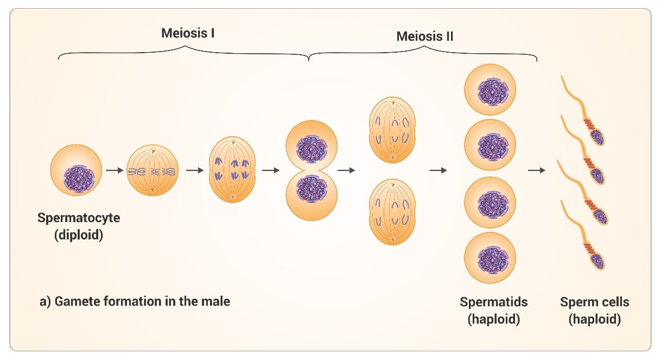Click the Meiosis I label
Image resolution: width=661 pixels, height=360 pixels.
tap(188, 33)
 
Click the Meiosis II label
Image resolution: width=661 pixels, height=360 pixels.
tap(424, 36)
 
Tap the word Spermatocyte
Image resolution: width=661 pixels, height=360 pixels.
tap(79, 218)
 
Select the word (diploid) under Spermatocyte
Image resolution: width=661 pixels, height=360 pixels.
tap(79, 235)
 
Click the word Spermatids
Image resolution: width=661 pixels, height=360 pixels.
tap(494, 302)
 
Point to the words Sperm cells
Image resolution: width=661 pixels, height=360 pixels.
tap(595, 302)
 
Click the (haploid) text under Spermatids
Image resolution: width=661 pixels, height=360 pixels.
tap(494, 319)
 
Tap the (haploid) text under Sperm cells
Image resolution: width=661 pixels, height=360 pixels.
tap(595, 319)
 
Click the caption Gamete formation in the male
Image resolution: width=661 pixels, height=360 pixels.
tap(142, 301)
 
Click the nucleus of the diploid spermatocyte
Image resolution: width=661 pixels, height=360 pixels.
tap(79, 179)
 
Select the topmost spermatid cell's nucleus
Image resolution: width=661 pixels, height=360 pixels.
tap(493, 92)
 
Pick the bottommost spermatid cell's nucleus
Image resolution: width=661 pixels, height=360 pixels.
tap(493, 260)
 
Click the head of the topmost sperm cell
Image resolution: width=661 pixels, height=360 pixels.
tap(598, 137)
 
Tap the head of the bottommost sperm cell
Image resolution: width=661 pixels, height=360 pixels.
tap(598, 261)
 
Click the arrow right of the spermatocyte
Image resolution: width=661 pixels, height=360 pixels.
tap(115, 170)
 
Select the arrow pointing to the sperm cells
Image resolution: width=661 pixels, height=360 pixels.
tap(537, 170)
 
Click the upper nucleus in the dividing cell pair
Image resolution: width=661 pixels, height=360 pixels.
tap(312, 149)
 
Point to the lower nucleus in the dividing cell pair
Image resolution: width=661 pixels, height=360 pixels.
tap(312, 189)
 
